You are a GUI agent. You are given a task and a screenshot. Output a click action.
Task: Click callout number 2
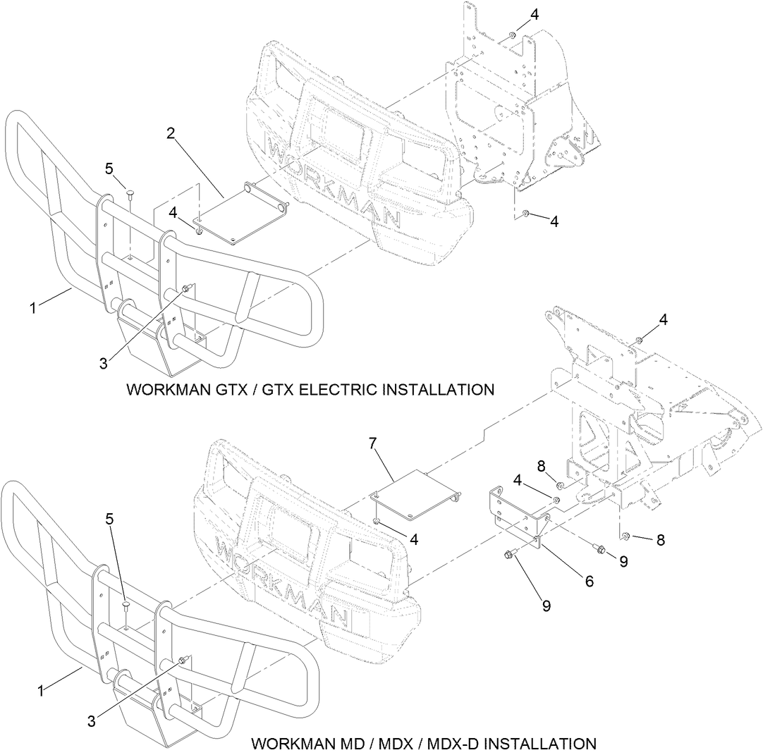coord(171,133)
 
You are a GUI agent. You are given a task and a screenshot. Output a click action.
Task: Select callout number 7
coord(373,443)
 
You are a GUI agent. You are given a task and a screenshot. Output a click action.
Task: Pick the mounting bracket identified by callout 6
coord(518,515)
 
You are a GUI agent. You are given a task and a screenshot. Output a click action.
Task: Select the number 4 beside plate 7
coord(415,539)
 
